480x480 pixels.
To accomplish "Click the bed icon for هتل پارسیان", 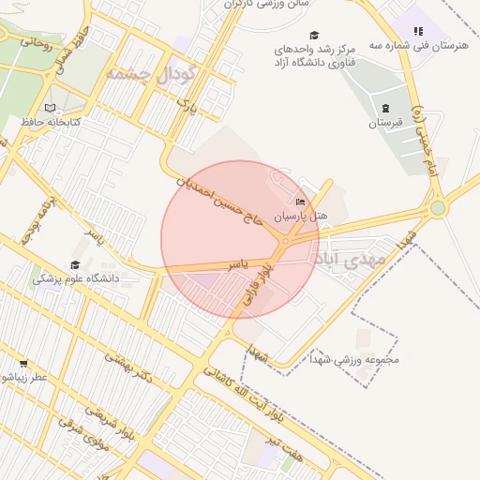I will [300, 202].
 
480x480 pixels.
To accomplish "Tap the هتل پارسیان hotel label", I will [300, 216].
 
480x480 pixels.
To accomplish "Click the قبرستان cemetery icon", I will [384, 107].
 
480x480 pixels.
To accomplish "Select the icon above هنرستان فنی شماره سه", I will [418, 31].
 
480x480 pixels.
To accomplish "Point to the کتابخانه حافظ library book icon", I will [51, 108].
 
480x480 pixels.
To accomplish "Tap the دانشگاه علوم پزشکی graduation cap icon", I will [74, 264].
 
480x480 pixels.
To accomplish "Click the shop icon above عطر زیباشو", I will [23, 363].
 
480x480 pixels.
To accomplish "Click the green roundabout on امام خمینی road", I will [438, 207].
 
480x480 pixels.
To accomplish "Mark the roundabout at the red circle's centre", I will [284, 242].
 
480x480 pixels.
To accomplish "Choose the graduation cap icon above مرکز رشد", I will [313, 35].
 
